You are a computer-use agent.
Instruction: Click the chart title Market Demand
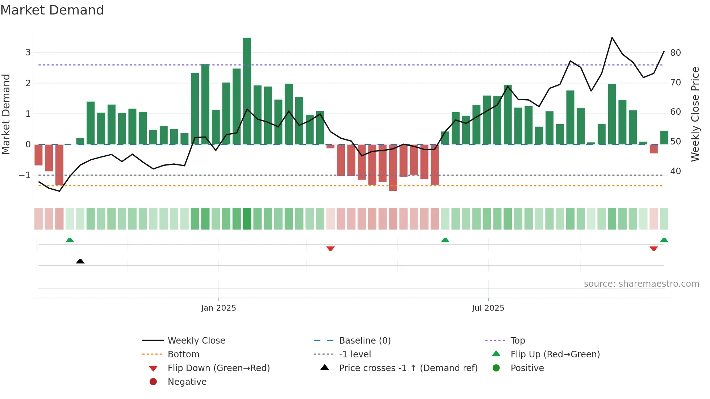pyautogui.click(x=52, y=10)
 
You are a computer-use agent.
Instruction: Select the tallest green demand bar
pyautogui.click(x=247, y=91)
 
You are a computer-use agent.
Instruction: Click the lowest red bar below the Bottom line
pyautogui.click(x=393, y=168)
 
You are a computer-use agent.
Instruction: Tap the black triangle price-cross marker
pyautogui.click(x=80, y=261)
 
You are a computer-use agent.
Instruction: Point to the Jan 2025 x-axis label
pyautogui.click(x=218, y=308)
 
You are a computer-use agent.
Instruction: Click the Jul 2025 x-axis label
pyautogui.click(x=488, y=308)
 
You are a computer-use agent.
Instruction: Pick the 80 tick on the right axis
pyautogui.click(x=676, y=53)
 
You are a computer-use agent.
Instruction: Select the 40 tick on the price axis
pyautogui.click(x=676, y=171)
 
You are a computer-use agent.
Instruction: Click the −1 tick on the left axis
pyautogui.click(x=25, y=175)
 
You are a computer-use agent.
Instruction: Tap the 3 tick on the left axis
pyautogui.click(x=28, y=52)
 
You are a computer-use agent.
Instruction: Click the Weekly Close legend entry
pyautogui.click(x=196, y=341)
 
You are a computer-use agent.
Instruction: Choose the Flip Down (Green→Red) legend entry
pyautogui.click(x=218, y=368)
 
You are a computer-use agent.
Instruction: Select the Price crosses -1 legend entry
pyautogui.click(x=408, y=368)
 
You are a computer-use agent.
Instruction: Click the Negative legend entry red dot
pyautogui.click(x=153, y=382)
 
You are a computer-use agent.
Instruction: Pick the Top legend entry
pyautogui.click(x=517, y=341)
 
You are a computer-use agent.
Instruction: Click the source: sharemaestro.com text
pyautogui.click(x=641, y=284)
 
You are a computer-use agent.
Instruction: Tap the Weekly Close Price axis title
pyautogui.click(x=695, y=114)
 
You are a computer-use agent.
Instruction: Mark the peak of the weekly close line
pyautogui.click(x=612, y=38)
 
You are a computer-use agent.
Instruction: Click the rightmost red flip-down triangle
pyautogui.click(x=653, y=248)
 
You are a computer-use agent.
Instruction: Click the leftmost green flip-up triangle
pyautogui.click(x=70, y=240)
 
